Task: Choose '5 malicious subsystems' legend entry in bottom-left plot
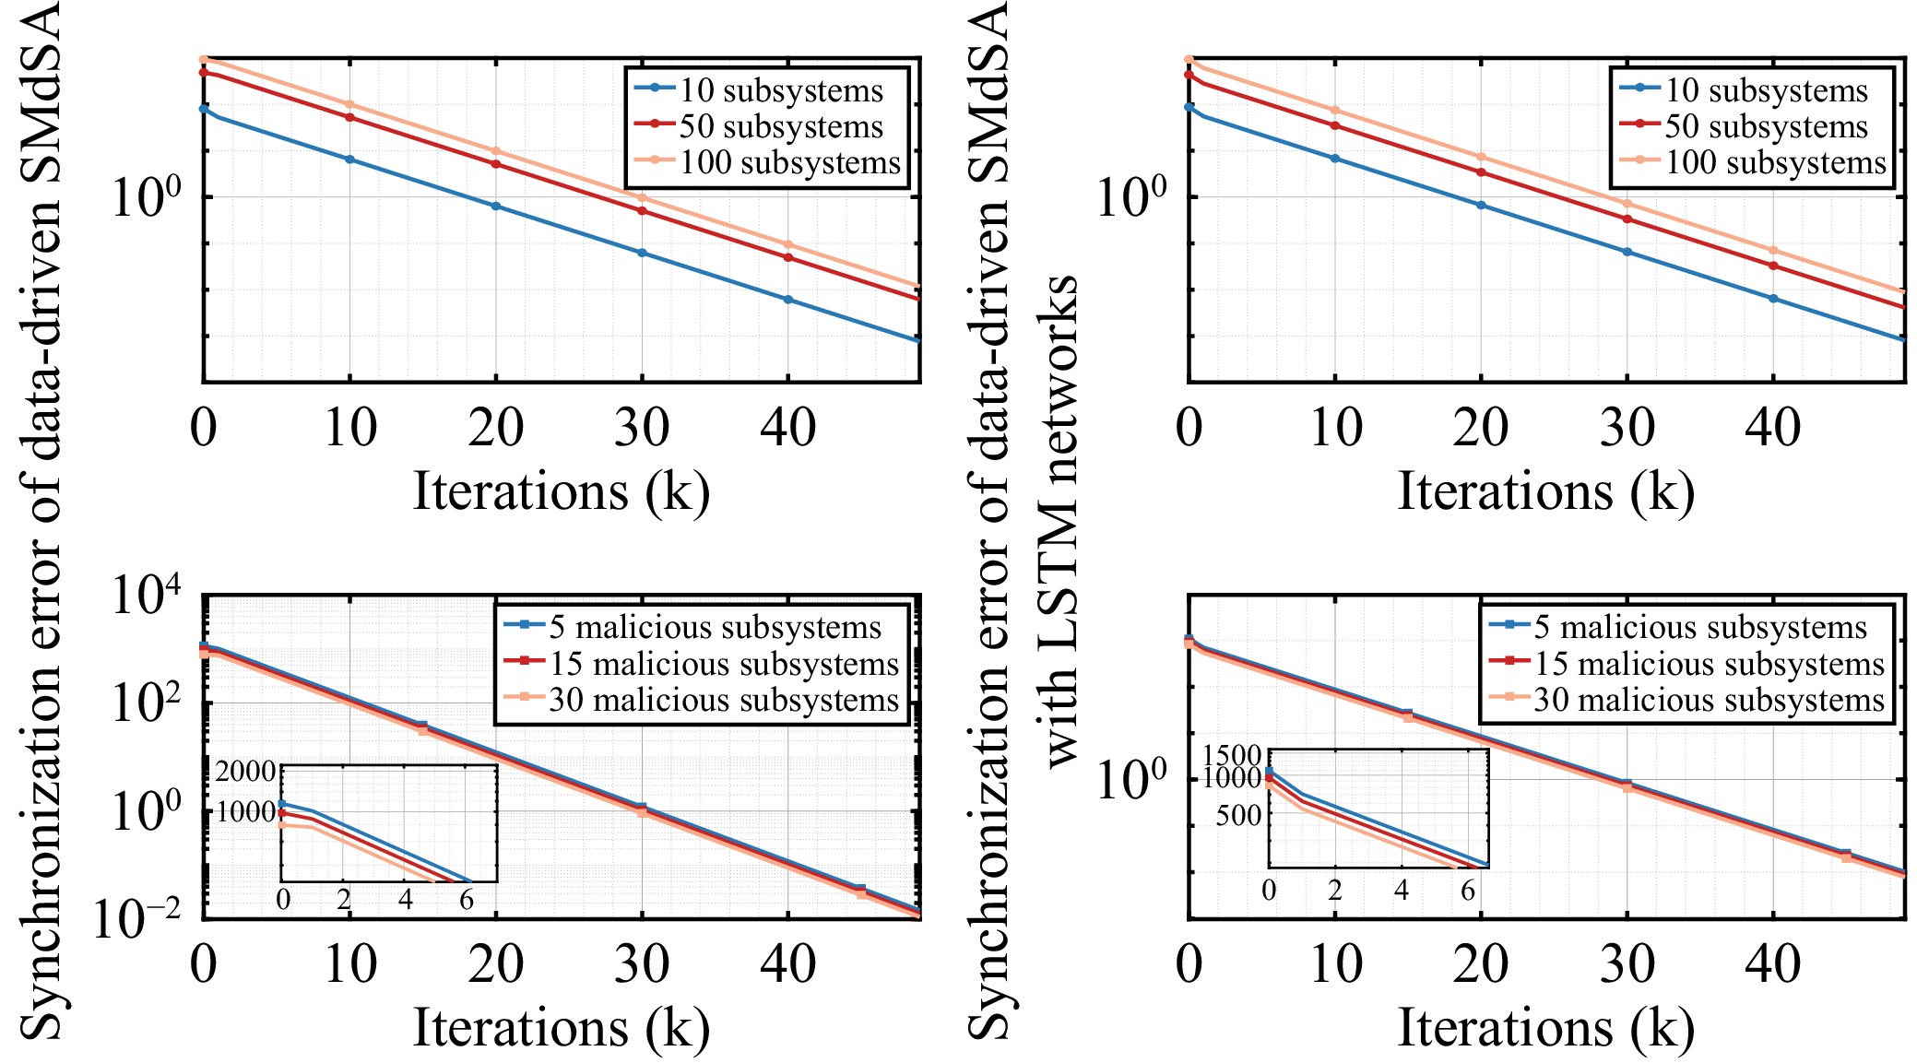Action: click(692, 626)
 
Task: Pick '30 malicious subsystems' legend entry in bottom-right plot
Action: click(1686, 700)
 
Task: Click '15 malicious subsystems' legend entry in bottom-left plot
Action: click(701, 663)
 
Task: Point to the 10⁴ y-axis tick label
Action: click(147, 596)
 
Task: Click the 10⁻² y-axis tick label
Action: click(138, 918)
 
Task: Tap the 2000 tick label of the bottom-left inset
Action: click(245, 771)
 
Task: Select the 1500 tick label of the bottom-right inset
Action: click(1232, 759)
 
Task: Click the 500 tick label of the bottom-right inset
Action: click(1238, 815)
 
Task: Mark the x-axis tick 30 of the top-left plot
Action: click(642, 428)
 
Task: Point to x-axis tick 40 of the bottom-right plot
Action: click(1773, 964)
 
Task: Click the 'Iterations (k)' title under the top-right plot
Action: click(1546, 490)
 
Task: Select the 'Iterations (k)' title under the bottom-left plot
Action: click(562, 1027)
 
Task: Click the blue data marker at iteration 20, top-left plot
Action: click(496, 206)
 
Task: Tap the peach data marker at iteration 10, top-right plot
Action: click(1334, 110)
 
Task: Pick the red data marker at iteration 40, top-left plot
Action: click(788, 257)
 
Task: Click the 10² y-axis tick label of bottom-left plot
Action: click(147, 703)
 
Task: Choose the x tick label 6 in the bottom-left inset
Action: click(467, 899)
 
